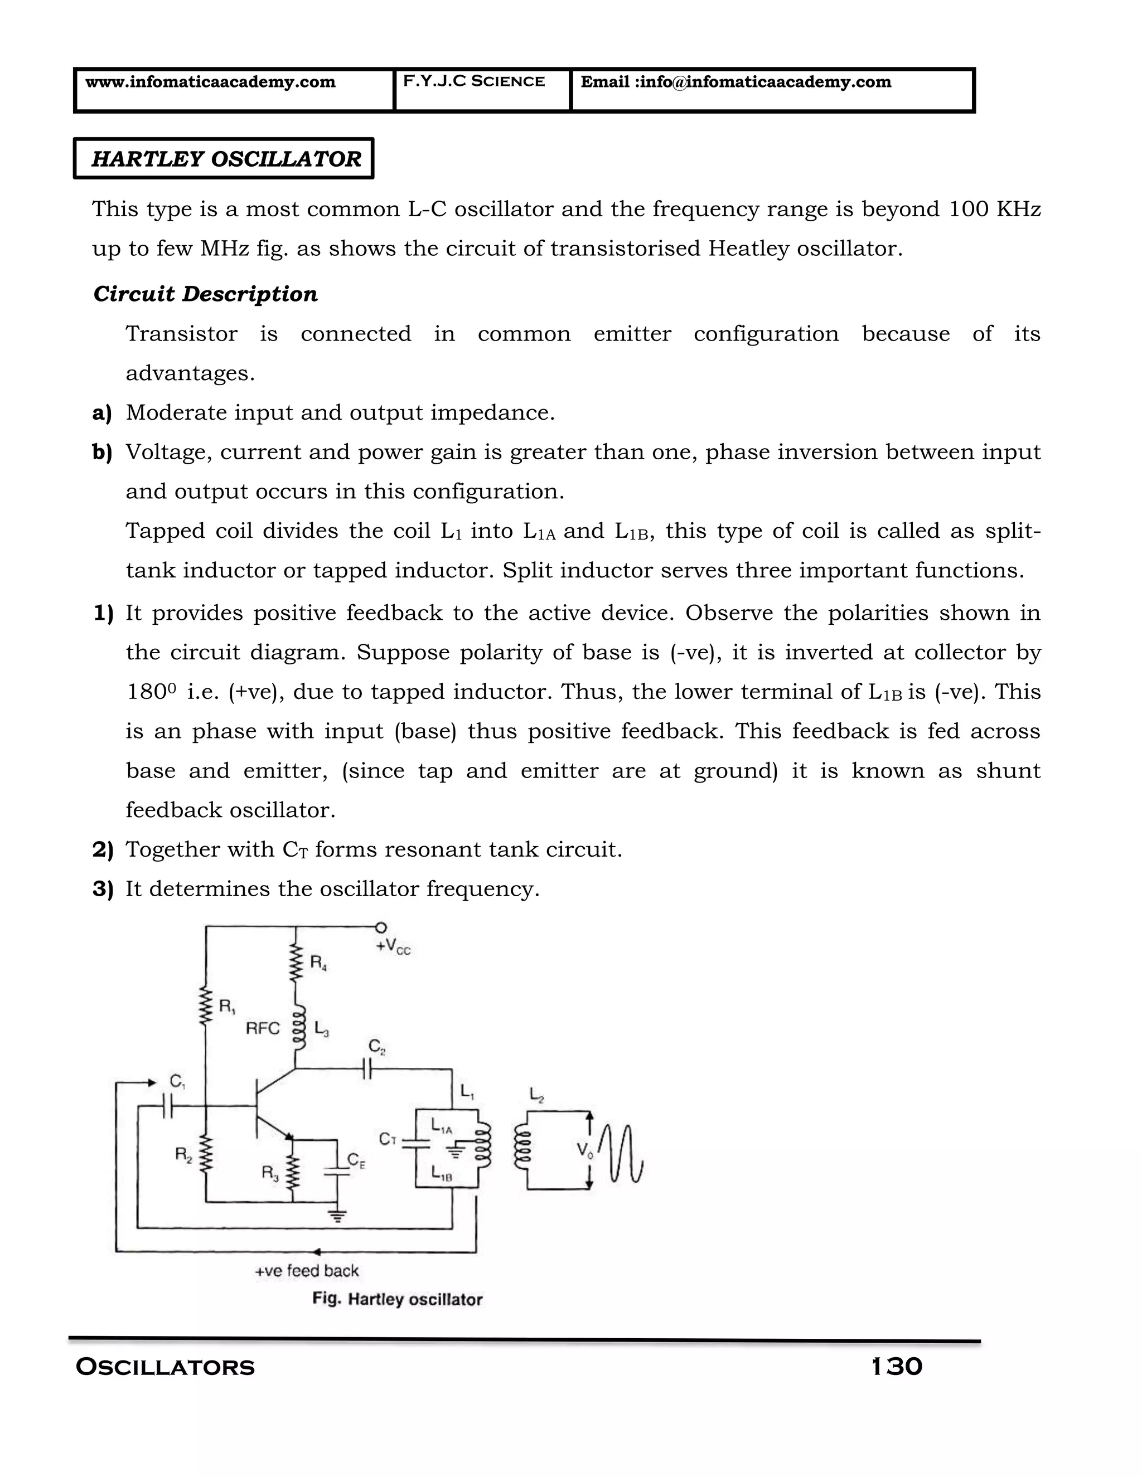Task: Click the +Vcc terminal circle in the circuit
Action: pyautogui.click(x=381, y=927)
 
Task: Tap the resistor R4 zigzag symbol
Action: pyautogui.click(x=295, y=963)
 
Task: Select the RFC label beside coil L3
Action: pyautogui.click(x=263, y=1029)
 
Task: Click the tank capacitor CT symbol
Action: pyautogui.click(x=415, y=1143)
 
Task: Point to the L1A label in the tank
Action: pyautogui.click(x=442, y=1126)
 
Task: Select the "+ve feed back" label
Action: pyautogui.click(x=307, y=1271)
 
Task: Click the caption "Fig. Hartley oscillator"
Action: pyautogui.click(x=397, y=1299)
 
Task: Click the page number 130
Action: pyautogui.click(x=897, y=1367)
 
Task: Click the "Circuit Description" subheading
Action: pyautogui.click(x=206, y=294)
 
